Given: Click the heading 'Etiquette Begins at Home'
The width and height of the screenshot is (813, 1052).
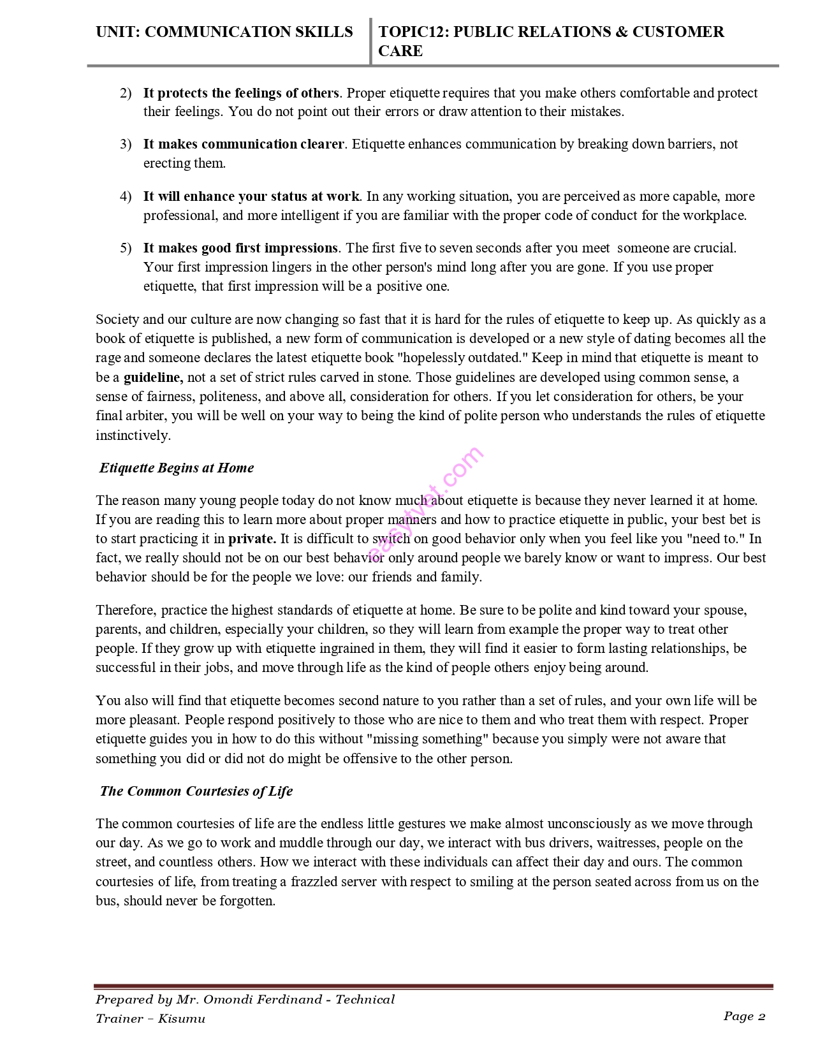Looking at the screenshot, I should coord(177,468).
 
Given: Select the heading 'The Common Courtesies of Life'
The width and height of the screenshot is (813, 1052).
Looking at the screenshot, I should coord(196,791).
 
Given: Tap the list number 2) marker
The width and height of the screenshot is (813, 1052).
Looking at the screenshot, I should coord(126,93).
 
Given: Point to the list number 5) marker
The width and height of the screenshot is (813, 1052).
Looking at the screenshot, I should coord(126,248).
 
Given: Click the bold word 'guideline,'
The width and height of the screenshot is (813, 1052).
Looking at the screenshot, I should coord(153,377).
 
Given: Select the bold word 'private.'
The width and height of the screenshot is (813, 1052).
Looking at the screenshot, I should coord(253,539).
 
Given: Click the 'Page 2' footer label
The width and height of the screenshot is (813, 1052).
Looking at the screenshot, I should coord(744,1016).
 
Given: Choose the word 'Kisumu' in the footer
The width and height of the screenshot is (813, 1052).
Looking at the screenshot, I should coord(182,1019).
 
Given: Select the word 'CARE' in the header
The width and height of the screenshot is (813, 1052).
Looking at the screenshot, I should coord(400,51).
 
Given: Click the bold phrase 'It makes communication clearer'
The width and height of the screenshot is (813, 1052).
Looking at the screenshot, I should coord(244,144).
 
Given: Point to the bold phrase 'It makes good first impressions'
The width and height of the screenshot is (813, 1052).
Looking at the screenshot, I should coord(240,248).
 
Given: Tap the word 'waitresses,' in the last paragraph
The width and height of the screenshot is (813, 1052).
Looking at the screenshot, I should coord(627,843).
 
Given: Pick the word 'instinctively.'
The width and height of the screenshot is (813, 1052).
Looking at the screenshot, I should coord(133,435).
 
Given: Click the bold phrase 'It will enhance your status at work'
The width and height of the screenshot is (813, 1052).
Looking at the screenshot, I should coord(251,196).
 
